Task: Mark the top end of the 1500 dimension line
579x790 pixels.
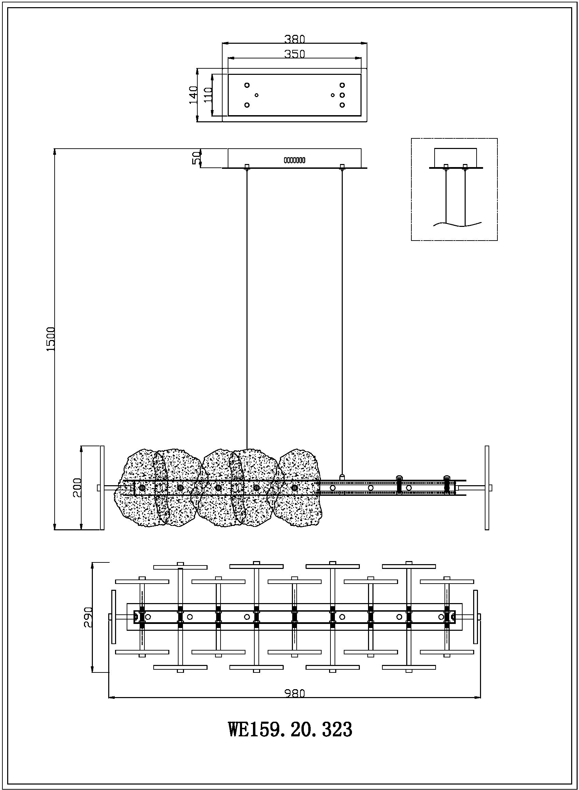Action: click(54, 149)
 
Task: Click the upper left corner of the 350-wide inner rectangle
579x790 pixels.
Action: click(228, 74)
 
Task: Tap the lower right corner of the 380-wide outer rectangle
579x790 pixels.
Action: click(367, 122)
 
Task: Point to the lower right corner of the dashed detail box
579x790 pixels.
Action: click(497, 240)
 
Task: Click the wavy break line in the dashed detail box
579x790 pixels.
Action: click(458, 224)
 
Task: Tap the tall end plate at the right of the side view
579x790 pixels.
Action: click(487, 488)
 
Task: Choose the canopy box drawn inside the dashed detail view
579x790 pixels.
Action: click(456, 158)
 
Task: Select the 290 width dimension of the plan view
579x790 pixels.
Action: click(88, 616)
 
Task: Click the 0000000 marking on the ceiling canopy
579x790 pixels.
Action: click(294, 160)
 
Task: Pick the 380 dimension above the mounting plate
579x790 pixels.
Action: click(294, 39)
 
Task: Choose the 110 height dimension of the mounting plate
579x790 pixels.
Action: click(208, 95)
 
